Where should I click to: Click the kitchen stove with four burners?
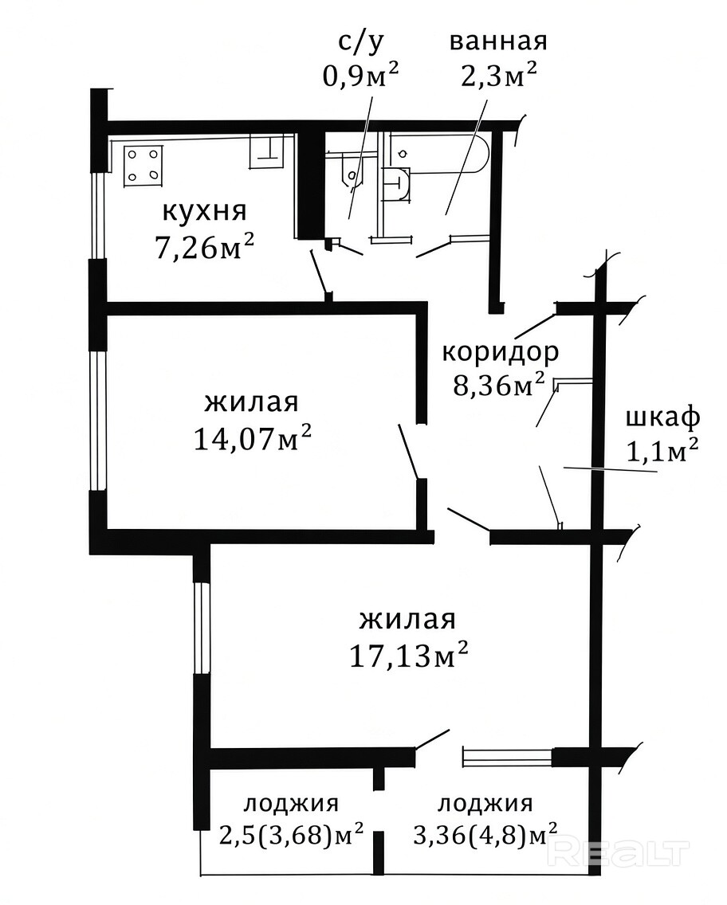point(143,167)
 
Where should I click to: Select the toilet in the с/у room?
point(350,171)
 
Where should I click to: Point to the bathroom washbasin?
point(396,183)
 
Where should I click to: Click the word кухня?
point(204,212)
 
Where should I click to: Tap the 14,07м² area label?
point(253,439)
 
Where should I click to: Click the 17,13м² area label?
point(408,655)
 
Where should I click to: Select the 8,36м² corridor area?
point(499,385)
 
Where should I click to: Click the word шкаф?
point(663,417)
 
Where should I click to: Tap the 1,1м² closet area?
point(663,451)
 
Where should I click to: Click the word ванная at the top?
point(498,41)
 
